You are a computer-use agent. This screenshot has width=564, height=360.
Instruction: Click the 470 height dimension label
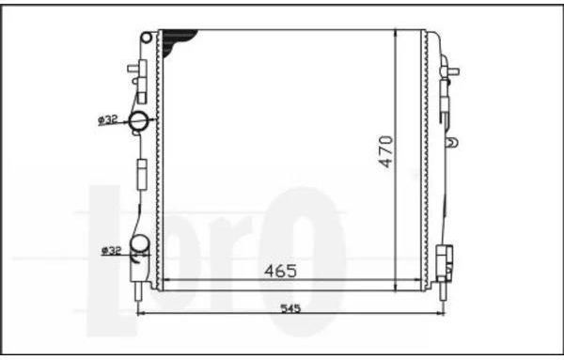tap(386, 151)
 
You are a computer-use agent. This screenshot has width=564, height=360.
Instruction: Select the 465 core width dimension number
tap(281, 271)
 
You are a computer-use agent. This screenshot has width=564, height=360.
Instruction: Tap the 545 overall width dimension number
tap(290, 308)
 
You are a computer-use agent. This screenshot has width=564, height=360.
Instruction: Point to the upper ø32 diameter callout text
tap(108, 119)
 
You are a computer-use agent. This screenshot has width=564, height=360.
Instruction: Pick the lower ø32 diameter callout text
tap(112, 250)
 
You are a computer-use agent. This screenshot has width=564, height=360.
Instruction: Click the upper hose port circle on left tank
tap(138, 121)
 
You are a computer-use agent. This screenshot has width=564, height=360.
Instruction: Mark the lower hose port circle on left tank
tap(139, 243)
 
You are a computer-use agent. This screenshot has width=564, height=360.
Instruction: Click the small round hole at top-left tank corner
tap(147, 38)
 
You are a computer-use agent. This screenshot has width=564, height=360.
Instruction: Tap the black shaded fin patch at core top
tap(177, 41)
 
